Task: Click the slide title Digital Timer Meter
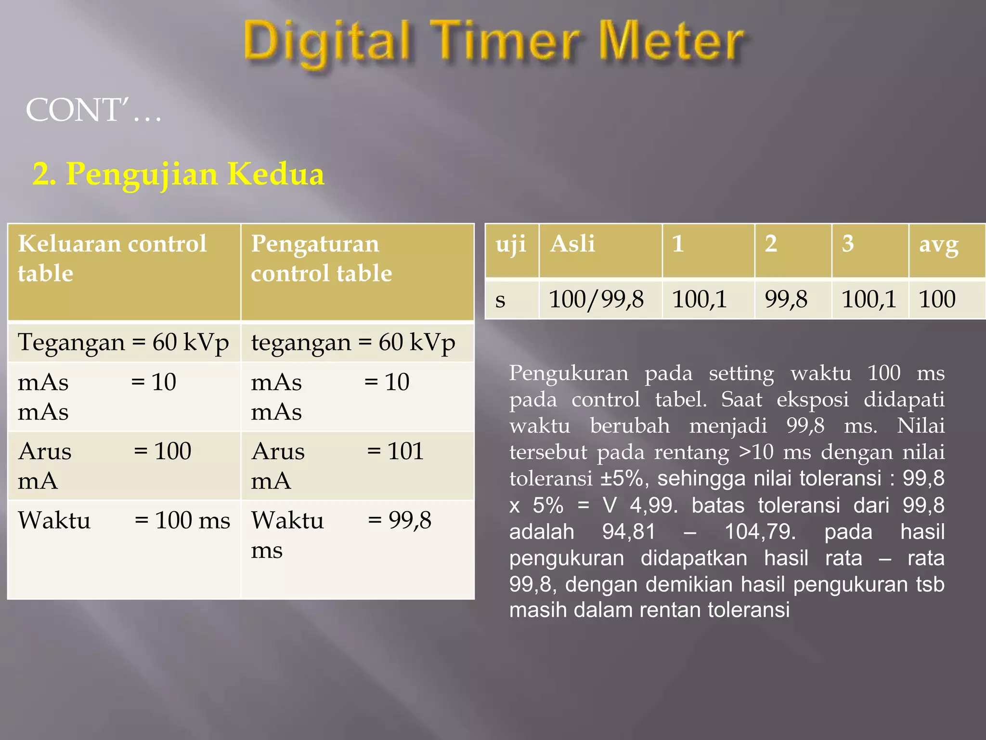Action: [x=493, y=43]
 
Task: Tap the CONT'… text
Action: [x=94, y=110]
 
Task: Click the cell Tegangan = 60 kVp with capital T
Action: [x=123, y=343]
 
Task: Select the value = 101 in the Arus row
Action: [x=395, y=451]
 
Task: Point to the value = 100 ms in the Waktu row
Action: [x=182, y=520]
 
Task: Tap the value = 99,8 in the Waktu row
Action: [x=400, y=520]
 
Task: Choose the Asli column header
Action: [x=572, y=244]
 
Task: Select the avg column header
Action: [x=939, y=244]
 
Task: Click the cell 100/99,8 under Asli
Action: [x=596, y=299]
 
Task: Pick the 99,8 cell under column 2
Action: [x=786, y=299]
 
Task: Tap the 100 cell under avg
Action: [x=937, y=299]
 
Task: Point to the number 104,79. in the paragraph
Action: [x=760, y=532]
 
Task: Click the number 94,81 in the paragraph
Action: [x=629, y=532]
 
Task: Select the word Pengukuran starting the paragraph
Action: [x=569, y=373]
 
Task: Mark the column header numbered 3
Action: [x=848, y=244]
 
